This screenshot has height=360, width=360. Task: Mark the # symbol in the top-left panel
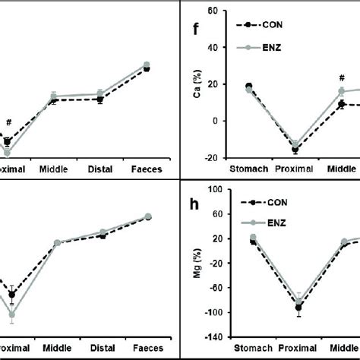click(x=9, y=122)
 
